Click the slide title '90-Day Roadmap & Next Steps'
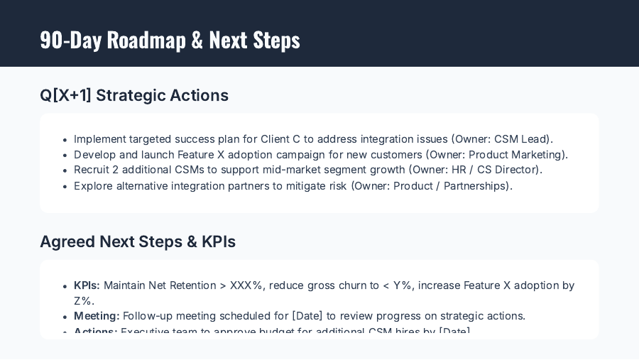pyautogui.click(x=170, y=40)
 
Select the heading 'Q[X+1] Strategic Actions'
pyautogui.click(x=134, y=95)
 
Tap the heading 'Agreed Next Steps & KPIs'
pyautogui.click(x=138, y=241)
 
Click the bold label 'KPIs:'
pyautogui.click(x=87, y=285)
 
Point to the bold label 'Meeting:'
pyautogui.click(x=97, y=316)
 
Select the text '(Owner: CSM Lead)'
pyautogui.click(x=502, y=139)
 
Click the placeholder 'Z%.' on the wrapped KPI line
pyautogui.click(x=84, y=300)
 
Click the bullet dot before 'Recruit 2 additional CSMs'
pyautogui.click(x=65, y=171)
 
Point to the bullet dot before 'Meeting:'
pyautogui.click(x=65, y=317)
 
